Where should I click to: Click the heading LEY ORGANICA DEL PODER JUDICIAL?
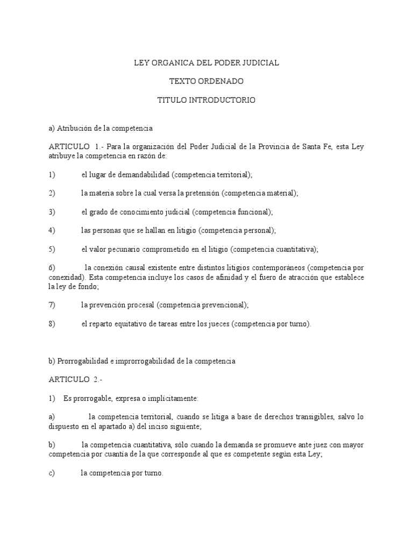[x=206, y=63]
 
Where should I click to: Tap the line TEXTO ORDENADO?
[x=206, y=81]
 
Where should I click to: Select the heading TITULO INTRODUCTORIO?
[x=206, y=100]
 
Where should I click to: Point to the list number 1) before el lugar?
[x=52, y=174]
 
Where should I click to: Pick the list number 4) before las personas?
[x=52, y=230]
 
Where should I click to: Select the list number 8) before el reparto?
[x=52, y=324]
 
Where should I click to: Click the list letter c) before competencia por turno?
[x=52, y=473]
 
